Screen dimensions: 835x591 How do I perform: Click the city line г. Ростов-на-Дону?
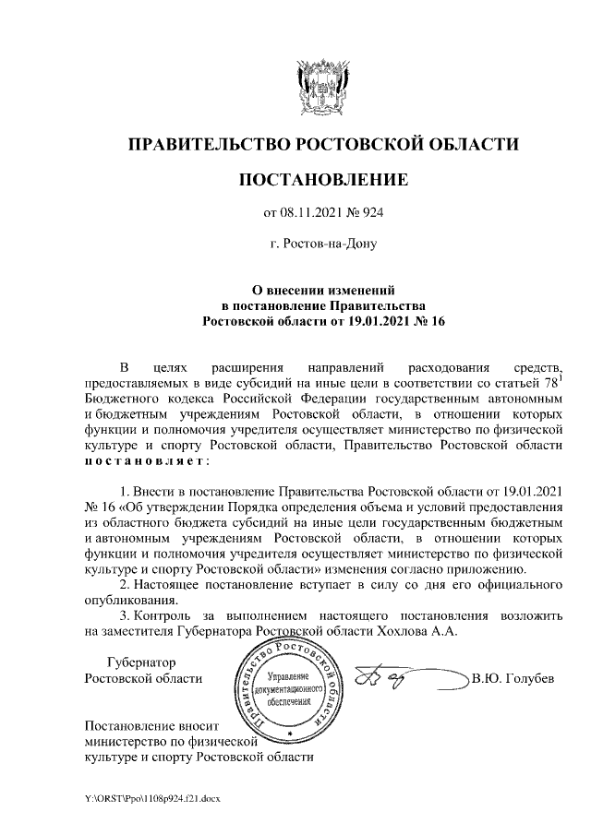[322, 245]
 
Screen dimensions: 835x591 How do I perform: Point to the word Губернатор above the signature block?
[141, 662]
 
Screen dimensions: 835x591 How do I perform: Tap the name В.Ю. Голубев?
[513, 680]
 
